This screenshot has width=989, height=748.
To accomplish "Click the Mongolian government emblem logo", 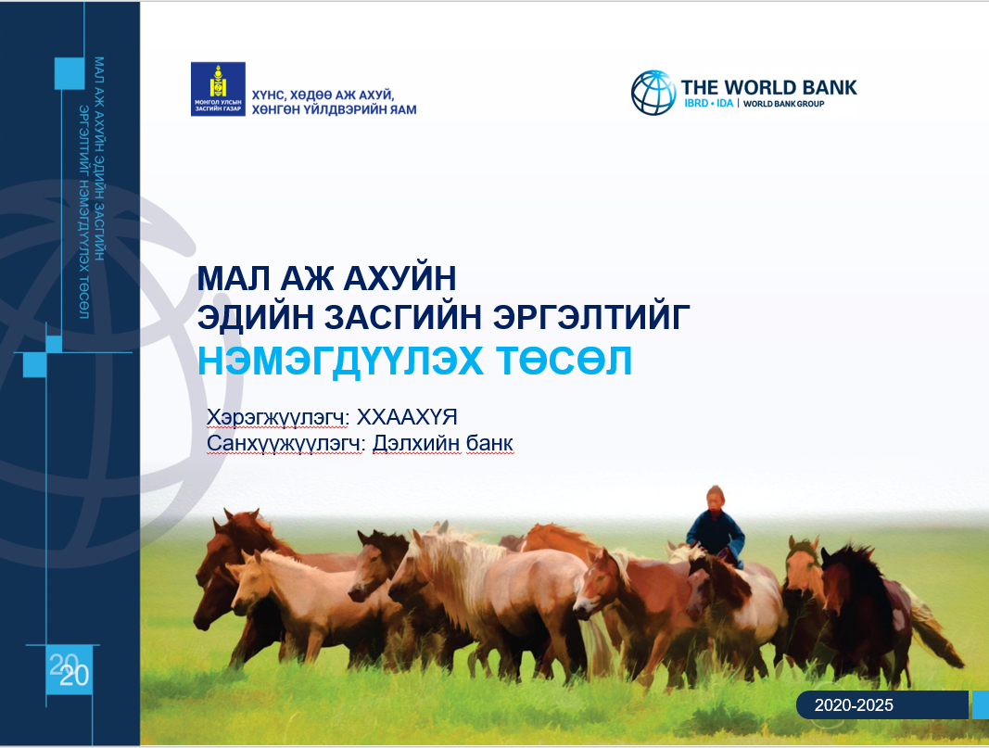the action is (218, 89).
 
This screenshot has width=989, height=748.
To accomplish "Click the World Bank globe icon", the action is (653, 93).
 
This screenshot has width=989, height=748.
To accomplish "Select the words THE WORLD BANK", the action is (769, 87).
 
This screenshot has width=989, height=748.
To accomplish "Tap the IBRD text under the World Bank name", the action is (696, 104).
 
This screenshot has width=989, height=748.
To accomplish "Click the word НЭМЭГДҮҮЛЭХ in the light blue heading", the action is (340, 361).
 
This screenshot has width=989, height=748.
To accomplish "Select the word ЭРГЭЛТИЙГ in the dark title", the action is (591, 317).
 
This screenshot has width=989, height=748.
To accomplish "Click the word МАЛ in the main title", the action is (232, 278).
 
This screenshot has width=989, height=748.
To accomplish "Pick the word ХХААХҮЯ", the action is (407, 417).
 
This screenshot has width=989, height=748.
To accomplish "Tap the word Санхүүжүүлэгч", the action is (285, 443).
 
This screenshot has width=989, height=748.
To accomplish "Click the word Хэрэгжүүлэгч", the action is (278, 417).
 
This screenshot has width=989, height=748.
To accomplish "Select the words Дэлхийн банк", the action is (443, 443).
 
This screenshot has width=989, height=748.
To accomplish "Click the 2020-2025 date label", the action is (854, 705).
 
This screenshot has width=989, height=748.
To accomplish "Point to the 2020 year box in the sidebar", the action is (70, 671).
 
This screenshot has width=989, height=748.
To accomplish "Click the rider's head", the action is (716, 498).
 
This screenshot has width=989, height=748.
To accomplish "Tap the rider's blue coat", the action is (716, 534).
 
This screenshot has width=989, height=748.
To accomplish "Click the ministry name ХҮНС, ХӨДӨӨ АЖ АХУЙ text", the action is (323, 95).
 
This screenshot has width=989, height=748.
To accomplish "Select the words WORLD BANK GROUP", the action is (783, 104).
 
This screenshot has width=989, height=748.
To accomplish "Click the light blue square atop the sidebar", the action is (70, 73).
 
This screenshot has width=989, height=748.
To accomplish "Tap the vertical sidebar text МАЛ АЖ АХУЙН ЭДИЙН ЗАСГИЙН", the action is (99, 158).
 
